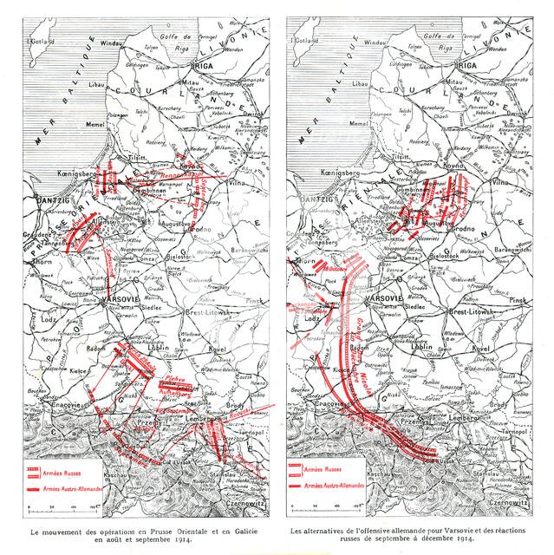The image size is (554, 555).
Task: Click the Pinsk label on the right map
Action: click(x=518, y=299)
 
